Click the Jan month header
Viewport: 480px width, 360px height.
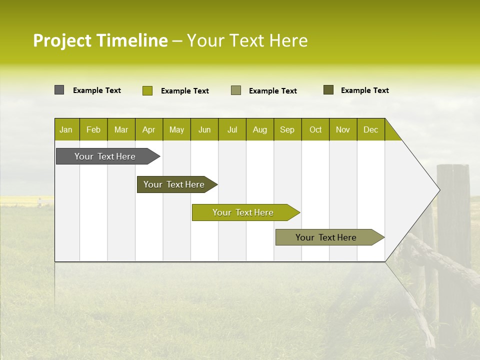pos(66,129)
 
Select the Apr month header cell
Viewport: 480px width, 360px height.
pos(149,129)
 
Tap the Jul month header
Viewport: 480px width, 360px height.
pos(232,129)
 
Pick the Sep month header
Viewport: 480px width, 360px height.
pos(287,129)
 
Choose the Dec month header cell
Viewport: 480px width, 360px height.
pos(370,129)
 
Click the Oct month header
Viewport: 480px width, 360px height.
pos(315,129)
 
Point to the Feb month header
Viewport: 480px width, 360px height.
pos(93,129)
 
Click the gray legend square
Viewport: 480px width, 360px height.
pos(59,90)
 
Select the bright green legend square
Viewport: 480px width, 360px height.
pos(147,90)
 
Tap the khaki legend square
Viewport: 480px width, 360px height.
pos(236,90)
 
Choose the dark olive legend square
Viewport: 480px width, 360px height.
pos(328,90)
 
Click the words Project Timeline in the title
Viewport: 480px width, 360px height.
pos(100,40)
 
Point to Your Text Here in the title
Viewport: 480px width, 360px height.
pos(247,40)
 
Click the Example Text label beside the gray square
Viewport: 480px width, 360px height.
pos(97,90)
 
